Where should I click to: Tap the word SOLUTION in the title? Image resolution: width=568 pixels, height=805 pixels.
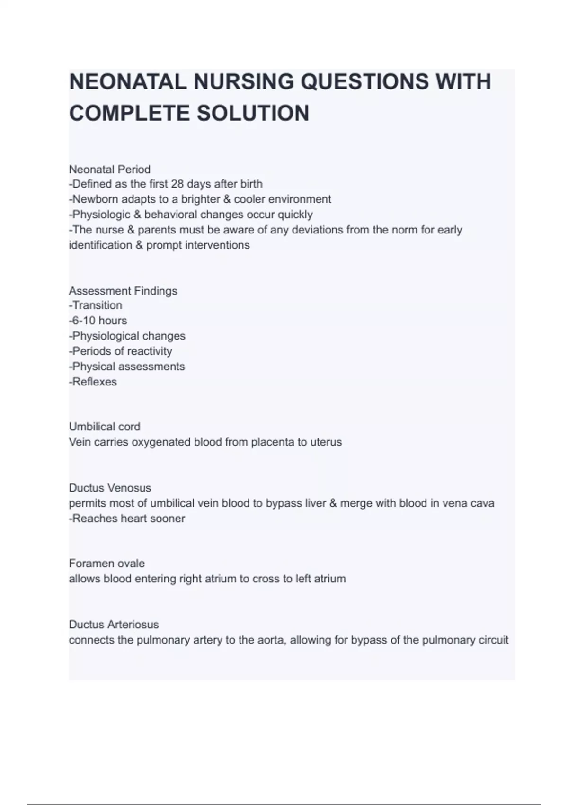pyautogui.click(x=253, y=114)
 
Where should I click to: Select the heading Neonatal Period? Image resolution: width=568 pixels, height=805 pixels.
pyautogui.click(x=110, y=169)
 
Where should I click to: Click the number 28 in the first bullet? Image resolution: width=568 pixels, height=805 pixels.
pyautogui.click(x=177, y=184)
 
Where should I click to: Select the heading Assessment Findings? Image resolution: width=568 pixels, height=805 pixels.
pyautogui.click(x=123, y=290)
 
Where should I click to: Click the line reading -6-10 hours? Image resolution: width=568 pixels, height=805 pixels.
pyautogui.click(x=98, y=321)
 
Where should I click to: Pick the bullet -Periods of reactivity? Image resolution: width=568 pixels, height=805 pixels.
pyautogui.click(x=120, y=351)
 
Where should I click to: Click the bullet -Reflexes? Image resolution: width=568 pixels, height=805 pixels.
pyautogui.click(x=93, y=382)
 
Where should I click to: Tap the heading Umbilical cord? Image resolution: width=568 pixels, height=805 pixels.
pyautogui.click(x=105, y=426)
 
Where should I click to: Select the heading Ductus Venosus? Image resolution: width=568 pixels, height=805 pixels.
pyautogui.click(x=110, y=487)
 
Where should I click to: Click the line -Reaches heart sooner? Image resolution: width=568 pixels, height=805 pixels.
pyautogui.click(x=127, y=518)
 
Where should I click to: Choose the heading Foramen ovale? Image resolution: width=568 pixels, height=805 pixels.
pyautogui.click(x=107, y=563)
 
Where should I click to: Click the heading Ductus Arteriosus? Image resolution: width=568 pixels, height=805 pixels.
pyautogui.click(x=114, y=624)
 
